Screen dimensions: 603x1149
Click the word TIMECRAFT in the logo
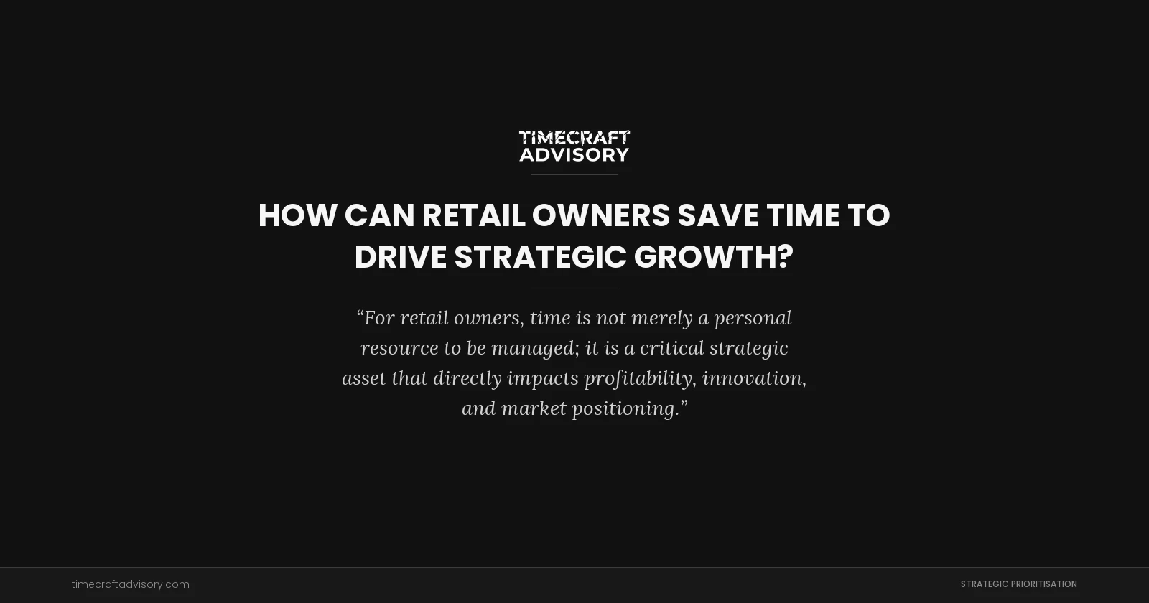pos(574,137)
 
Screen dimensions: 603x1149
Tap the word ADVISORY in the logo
pos(574,154)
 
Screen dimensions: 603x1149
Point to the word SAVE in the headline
pos(718,215)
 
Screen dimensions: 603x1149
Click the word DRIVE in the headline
pos(400,257)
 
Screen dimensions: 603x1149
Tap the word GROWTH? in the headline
pos(714,257)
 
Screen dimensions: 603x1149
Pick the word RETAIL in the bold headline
pos(473,215)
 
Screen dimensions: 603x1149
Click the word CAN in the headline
pos(379,215)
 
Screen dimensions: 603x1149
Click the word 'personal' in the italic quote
pos(753,318)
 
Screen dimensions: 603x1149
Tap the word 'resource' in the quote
pos(399,348)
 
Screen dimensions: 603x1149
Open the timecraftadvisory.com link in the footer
pos(131,584)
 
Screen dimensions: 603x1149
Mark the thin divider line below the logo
pos(574,174)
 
